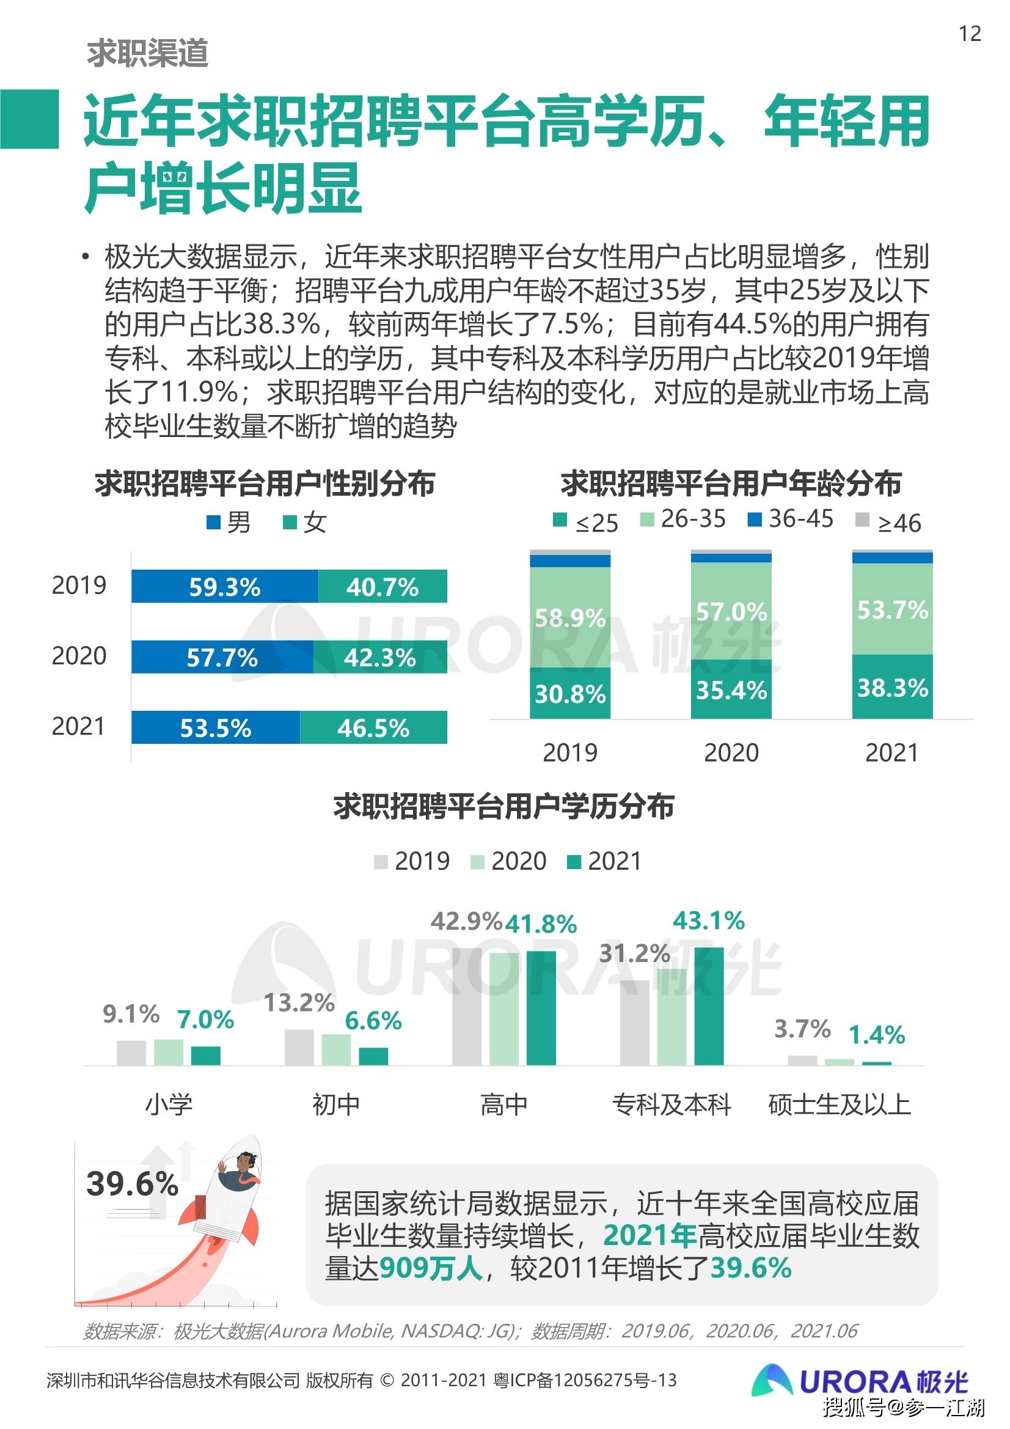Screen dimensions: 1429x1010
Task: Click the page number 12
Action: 970,34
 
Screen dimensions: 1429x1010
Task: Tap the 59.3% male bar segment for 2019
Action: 224,586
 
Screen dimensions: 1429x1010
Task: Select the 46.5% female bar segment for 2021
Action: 373,727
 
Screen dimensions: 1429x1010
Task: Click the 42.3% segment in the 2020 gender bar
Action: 380,657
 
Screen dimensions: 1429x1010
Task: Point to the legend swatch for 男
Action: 213,522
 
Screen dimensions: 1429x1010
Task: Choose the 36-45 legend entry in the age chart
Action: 790,519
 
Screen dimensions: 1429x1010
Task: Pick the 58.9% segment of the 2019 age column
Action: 569,617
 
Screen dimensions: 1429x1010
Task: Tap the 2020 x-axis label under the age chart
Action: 731,753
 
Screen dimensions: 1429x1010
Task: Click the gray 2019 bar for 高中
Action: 467,1007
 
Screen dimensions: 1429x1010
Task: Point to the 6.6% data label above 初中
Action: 373,1021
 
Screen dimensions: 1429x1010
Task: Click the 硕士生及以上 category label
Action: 840,1104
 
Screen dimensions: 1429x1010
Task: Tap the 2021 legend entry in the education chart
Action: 604,861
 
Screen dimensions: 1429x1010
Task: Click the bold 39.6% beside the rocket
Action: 133,1183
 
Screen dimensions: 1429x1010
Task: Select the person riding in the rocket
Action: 240,1171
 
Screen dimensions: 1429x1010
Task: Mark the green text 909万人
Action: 431,1267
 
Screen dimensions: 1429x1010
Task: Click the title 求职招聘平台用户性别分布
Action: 265,483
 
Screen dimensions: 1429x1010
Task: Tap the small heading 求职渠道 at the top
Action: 147,53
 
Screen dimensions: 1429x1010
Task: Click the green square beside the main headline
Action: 29,119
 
